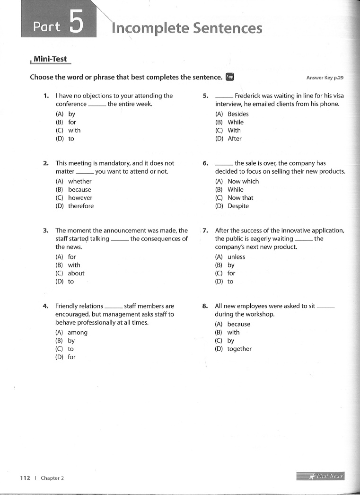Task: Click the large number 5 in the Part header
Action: point(76,23)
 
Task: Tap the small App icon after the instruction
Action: point(230,77)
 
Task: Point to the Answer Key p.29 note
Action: point(325,78)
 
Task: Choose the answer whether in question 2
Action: point(79,181)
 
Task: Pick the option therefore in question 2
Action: point(80,206)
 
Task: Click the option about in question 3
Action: point(76,273)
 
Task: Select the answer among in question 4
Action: point(78,332)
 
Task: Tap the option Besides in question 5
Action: point(238,114)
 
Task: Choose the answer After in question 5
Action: point(235,139)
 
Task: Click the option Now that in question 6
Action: point(240,198)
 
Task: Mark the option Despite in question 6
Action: point(238,206)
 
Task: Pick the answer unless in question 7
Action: point(236,257)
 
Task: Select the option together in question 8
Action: point(239,349)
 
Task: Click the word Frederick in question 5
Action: point(251,96)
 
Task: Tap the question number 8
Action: point(205,306)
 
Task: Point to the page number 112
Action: point(25,478)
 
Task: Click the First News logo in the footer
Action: point(320,476)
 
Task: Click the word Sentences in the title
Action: point(225,28)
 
